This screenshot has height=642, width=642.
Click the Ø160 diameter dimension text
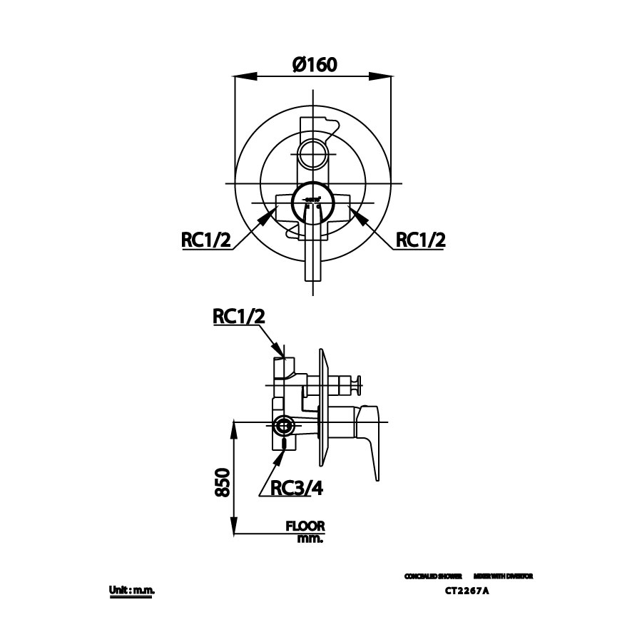click(x=314, y=65)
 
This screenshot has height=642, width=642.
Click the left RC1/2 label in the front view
click(x=206, y=240)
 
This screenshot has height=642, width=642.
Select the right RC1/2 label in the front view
click(x=421, y=240)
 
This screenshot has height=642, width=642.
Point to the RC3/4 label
click(x=297, y=488)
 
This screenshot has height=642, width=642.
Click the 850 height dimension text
click(x=222, y=483)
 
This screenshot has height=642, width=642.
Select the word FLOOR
click(x=305, y=526)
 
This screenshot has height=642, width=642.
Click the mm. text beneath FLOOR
click(x=310, y=539)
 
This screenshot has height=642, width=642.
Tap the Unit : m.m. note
click(x=132, y=591)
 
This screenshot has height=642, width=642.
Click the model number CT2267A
click(x=467, y=591)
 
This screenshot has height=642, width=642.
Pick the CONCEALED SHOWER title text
click(x=433, y=576)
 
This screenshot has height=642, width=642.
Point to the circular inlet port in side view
click(x=283, y=426)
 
